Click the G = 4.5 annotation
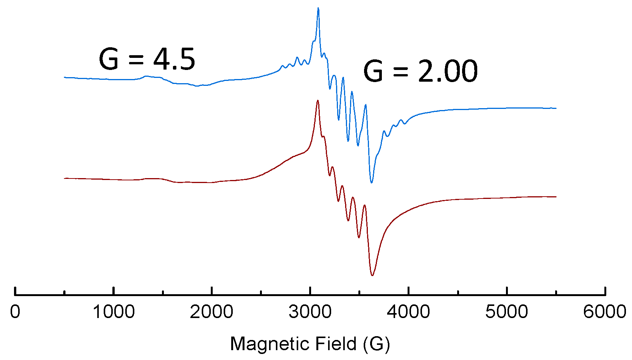(147, 59)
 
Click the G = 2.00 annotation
(420, 71)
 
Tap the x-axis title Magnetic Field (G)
(310, 344)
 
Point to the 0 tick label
(15, 312)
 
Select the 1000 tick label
(114, 312)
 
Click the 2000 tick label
(212, 312)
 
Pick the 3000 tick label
(310, 312)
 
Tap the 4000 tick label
(408, 312)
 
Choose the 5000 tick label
(507, 312)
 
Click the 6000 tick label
(605, 312)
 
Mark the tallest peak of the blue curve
(318, 8)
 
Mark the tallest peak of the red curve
(318, 101)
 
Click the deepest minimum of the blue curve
(372, 183)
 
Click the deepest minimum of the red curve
(372, 275)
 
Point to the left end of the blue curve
(65, 77)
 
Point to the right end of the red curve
(556, 197)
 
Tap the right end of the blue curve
(556, 108)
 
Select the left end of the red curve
(65, 178)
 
